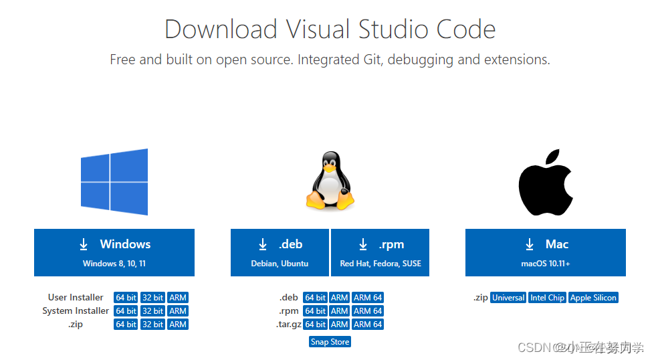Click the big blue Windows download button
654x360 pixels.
114,252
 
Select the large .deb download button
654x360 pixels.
280,252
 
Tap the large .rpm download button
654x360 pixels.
380,252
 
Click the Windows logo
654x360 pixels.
114,182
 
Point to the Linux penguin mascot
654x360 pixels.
330,181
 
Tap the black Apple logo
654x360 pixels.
545,182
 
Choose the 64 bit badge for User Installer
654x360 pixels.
126,298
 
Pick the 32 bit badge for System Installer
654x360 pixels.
153,311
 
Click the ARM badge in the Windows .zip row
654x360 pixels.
178,325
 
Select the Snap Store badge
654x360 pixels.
330,342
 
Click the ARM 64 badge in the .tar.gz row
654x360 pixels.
368,325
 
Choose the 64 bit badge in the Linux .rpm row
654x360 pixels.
315,311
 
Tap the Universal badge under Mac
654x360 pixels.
508,298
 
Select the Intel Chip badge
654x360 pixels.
547,298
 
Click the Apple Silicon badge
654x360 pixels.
593,298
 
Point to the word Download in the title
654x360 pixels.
221,29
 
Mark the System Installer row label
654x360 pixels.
76,311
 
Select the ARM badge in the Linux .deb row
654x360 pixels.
340,298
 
